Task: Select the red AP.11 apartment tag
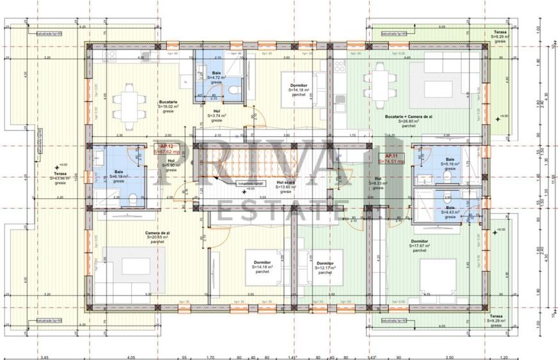click(393, 159)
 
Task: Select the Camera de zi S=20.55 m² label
click(157, 237)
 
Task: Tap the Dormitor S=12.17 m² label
click(324, 268)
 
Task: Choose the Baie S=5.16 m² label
click(450, 165)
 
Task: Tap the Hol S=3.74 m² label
click(217, 115)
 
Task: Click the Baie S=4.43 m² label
click(450, 212)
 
